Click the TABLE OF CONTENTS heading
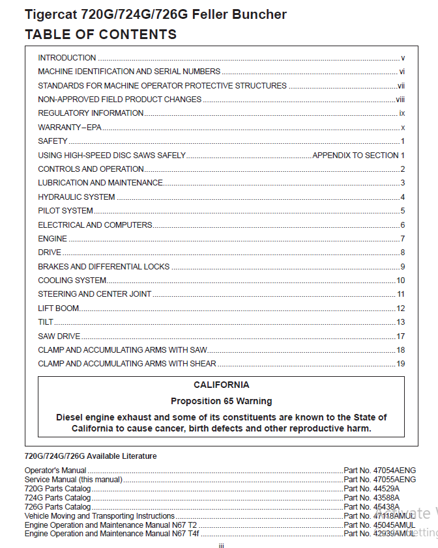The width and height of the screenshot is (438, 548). click(100, 34)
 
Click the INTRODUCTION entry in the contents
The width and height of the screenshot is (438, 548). click(67, 58)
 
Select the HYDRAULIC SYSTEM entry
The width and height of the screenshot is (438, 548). click(76, 197)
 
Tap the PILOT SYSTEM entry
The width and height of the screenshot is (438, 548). click(65, 211)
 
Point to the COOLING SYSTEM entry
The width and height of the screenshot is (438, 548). click(72, 281)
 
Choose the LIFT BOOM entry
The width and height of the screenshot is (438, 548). click(59, 308)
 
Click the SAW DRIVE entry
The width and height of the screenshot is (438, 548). click(59, 336)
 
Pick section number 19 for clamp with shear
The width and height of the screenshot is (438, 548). click(401, 364)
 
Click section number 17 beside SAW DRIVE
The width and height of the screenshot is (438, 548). click(401, 336)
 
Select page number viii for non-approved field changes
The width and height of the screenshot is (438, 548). click(400, 100)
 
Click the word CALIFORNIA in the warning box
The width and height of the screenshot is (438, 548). click(221, 385)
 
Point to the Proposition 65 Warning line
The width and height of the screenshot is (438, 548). click(221, 401)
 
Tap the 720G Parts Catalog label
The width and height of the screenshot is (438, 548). click(57, 489)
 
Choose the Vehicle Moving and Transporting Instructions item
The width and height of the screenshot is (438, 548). click(99, 516)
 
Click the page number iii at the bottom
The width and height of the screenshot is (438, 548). click(221, 545)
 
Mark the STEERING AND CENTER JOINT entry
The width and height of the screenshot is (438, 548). click(95, 294)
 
